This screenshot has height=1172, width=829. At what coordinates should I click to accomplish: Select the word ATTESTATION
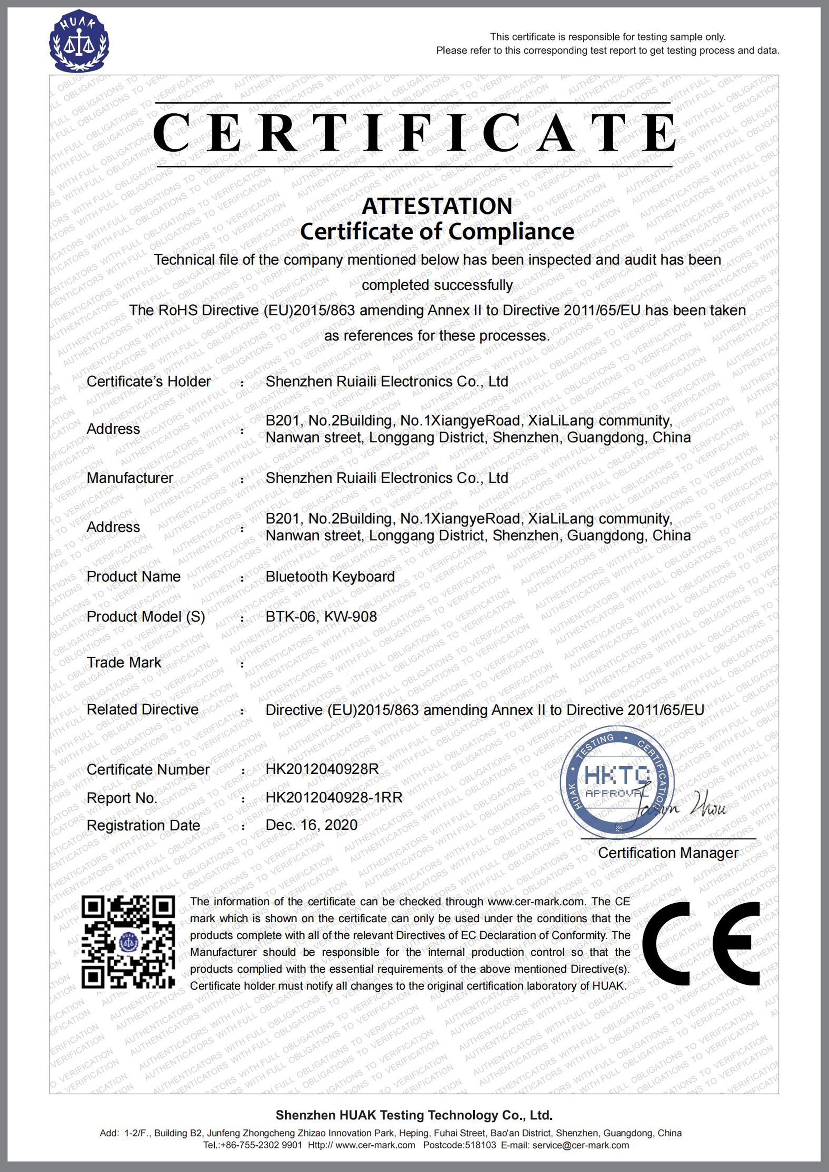pos(437,206)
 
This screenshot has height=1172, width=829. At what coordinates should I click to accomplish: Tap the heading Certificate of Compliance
pos(437,232)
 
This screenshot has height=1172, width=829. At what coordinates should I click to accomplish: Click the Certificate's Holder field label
pos(148,382)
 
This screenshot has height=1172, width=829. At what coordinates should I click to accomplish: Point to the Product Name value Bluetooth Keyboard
pos(330,577)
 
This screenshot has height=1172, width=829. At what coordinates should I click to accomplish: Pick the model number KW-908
pos(350,617)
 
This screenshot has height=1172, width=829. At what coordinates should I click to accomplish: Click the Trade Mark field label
pos(124,663)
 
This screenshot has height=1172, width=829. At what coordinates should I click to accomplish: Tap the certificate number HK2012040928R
pos(322,769)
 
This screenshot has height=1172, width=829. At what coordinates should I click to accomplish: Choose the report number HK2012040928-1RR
pos(334,797)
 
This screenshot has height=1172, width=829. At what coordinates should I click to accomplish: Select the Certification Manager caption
pos(668,853)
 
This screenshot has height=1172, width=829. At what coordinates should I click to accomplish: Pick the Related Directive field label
pos(142,710)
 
